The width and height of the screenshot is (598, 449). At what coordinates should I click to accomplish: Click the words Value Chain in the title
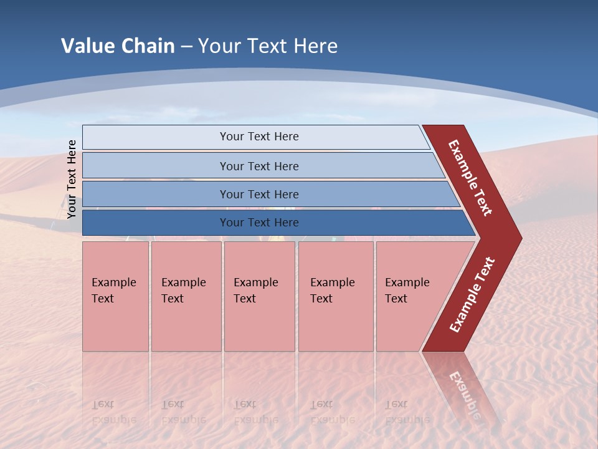(x=118, y=46)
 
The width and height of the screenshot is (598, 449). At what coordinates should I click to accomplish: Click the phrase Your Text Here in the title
(x=268, y=46)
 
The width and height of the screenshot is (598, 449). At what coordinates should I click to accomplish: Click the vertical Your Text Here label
(x=72, y=179)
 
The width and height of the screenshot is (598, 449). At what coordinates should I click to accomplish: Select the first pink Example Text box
(x=115, y=296)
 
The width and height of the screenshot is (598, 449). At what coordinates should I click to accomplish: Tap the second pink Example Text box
(x=186, y=296)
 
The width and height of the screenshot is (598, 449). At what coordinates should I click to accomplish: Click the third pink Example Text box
(x=259, y=296)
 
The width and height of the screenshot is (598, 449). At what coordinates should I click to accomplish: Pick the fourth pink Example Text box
(x=335, y=296)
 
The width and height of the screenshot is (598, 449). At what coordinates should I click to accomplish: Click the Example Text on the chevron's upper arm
(x=470, y=178)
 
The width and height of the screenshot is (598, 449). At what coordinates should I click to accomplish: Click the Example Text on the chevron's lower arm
(x=472, y=294)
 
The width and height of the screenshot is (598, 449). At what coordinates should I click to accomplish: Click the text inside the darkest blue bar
(x=259, y=223)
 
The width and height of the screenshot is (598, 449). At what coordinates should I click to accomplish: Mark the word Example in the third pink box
(x=255, y=282)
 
